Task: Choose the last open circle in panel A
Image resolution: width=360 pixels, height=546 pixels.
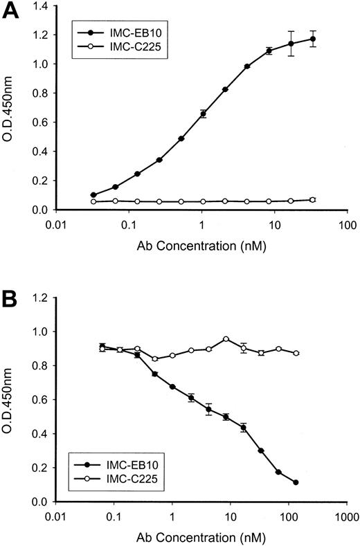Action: [313, 199]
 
